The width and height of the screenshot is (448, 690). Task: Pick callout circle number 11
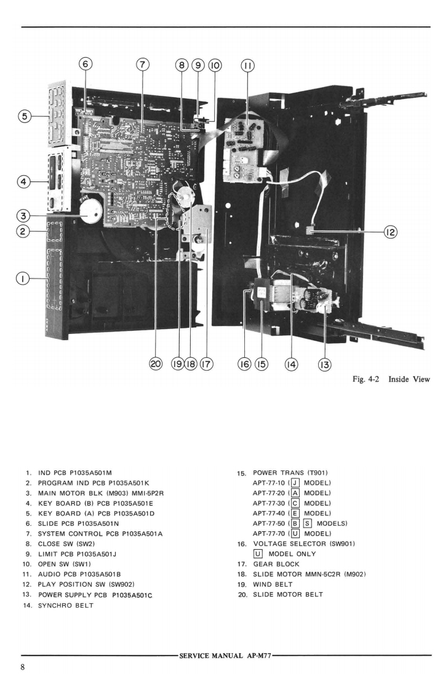(249, 65)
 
